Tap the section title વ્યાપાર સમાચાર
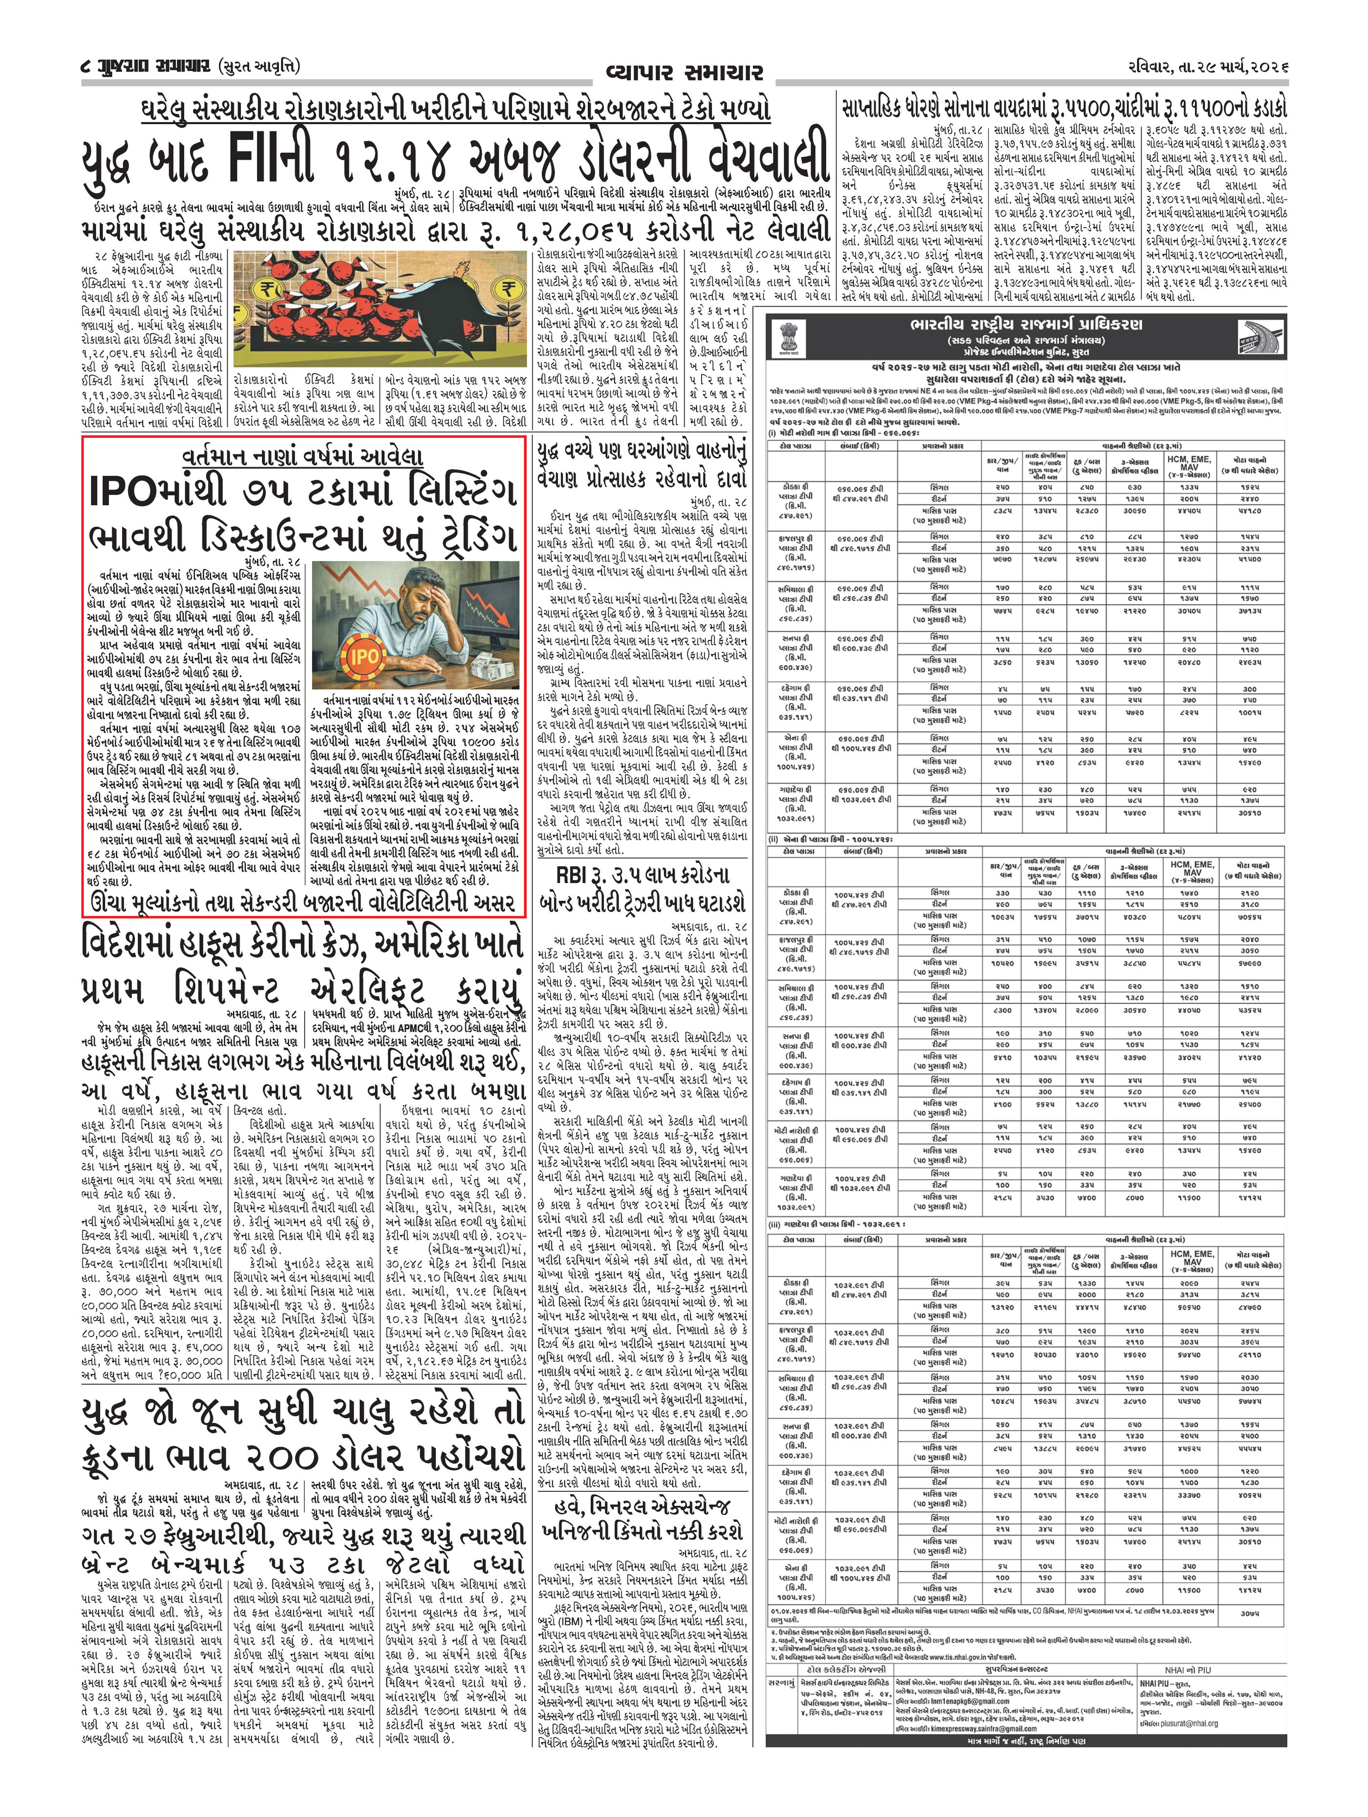684,71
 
